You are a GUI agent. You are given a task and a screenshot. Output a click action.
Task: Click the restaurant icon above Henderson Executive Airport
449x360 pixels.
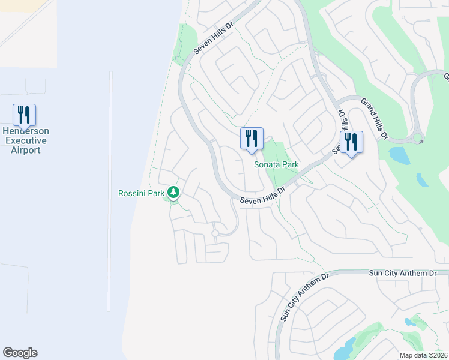(x=24, y=115)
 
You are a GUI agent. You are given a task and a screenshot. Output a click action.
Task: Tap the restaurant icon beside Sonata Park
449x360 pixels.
(x=252, y=138)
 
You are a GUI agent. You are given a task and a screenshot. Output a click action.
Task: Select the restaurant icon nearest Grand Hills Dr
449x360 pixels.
(x=351, y=142)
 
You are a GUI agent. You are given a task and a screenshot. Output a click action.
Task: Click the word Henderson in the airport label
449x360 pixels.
(x=25, y=131)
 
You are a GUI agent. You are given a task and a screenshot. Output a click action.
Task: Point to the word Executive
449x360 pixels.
(x=25, y=140)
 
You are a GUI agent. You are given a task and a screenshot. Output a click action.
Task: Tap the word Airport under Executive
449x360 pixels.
(x=25, y=150)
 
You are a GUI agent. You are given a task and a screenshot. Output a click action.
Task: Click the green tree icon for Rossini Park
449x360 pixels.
(x=173, y=192)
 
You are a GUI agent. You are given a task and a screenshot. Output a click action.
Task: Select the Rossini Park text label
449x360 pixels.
(x=142, y=193)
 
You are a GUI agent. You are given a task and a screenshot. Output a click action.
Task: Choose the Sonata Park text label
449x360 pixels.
(x=276, y=164)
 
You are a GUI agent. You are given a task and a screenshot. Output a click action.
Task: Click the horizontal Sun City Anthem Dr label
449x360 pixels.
(x=402, y=273)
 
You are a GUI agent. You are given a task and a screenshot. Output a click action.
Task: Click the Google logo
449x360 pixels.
(x=20, y=353)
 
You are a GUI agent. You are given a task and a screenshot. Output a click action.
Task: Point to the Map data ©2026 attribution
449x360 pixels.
(x=423, y=355)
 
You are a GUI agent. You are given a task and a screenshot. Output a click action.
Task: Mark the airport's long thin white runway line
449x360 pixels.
(x=110, y=192)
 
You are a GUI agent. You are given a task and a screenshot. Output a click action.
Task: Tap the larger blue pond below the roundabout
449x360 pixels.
(x=399, y=155)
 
